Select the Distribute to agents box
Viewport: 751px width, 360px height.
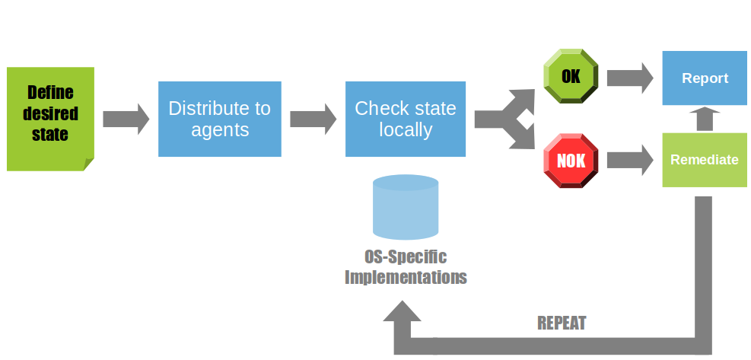(220, 119)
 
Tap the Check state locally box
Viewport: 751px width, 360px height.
(406, 119)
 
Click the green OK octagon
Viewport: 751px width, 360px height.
(571, 77)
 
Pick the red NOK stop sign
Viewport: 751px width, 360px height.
(571, 160)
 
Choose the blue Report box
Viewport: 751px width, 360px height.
(705, 78)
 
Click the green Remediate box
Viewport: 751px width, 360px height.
(705, 160)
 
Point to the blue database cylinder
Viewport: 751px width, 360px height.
(406, 207)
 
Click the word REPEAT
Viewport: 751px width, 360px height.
(562, 323)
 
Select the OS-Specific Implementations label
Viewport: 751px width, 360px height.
(406, 266)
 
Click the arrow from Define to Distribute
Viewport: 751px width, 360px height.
(126, 119)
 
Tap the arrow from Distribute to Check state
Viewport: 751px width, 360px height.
(313, 119)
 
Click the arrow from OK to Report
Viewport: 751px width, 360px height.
(630, 77)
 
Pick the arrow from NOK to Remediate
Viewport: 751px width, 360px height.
(630, 160)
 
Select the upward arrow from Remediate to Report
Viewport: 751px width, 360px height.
(705, 119)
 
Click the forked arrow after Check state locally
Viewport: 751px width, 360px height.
(502, 119)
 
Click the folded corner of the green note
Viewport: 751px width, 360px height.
(88, 164)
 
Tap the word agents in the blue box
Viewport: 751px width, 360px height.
(220, 130)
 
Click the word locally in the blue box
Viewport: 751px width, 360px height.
(406, 130)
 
